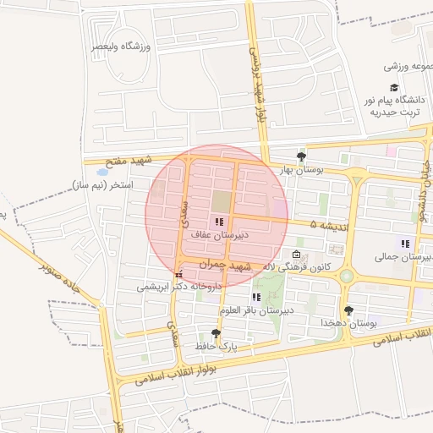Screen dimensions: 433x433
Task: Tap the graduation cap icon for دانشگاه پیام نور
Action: point(394,88)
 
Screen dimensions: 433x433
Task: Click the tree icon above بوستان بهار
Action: point(301,156)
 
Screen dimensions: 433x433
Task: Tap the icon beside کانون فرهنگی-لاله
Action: point(296,255)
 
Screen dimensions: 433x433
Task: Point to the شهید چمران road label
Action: point(226,265)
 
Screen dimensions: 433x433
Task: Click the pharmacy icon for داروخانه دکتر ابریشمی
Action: point(178,275)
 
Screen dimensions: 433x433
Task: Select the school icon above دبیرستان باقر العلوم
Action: point(256,297)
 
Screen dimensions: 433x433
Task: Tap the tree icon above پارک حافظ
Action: point(216,333)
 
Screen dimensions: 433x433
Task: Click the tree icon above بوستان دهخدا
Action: point(348,310)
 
